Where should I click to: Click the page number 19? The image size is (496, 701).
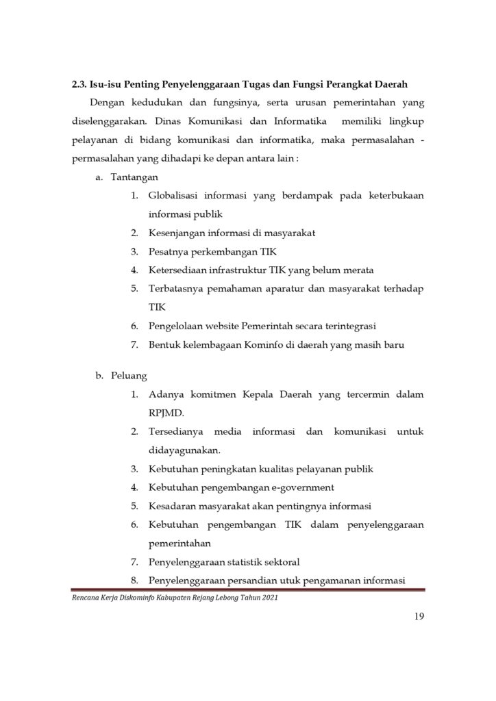[419, 617]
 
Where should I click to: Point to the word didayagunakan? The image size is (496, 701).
[184, 450]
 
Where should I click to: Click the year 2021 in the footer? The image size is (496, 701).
[269, 598]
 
